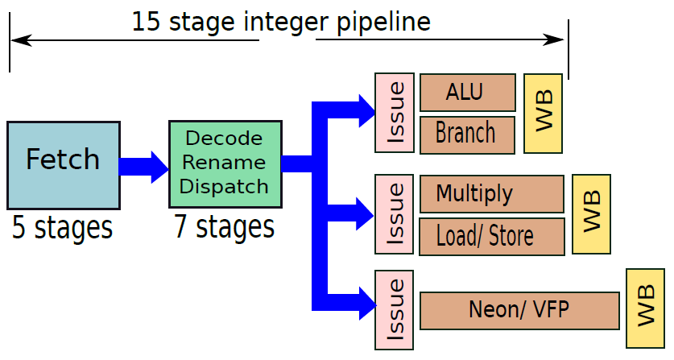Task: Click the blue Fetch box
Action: pos(63,165)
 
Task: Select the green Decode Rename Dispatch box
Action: pos(225,163)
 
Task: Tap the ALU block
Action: pos(468,93)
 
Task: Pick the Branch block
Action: pos(467,134)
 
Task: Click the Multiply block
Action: pos(492,194)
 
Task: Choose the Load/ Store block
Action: pos(492,237)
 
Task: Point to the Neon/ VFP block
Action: pos(519,311)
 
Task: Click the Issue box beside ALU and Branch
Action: pos(395,113)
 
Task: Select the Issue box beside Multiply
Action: pos(394,214)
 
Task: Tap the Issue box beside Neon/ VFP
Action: pos(394,310)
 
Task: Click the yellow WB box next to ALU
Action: pos(543,114)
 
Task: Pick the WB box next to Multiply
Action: pos(592,214)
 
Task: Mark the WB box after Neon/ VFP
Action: pos(645,308)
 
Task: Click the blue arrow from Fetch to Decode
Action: pos(143,167)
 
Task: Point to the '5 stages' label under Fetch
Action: pos(62,228)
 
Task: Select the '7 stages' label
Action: pos(224,227)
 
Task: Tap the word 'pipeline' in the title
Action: pos(383,23)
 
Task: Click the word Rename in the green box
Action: pos(224,163)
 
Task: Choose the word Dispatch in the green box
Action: pos(224,187)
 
